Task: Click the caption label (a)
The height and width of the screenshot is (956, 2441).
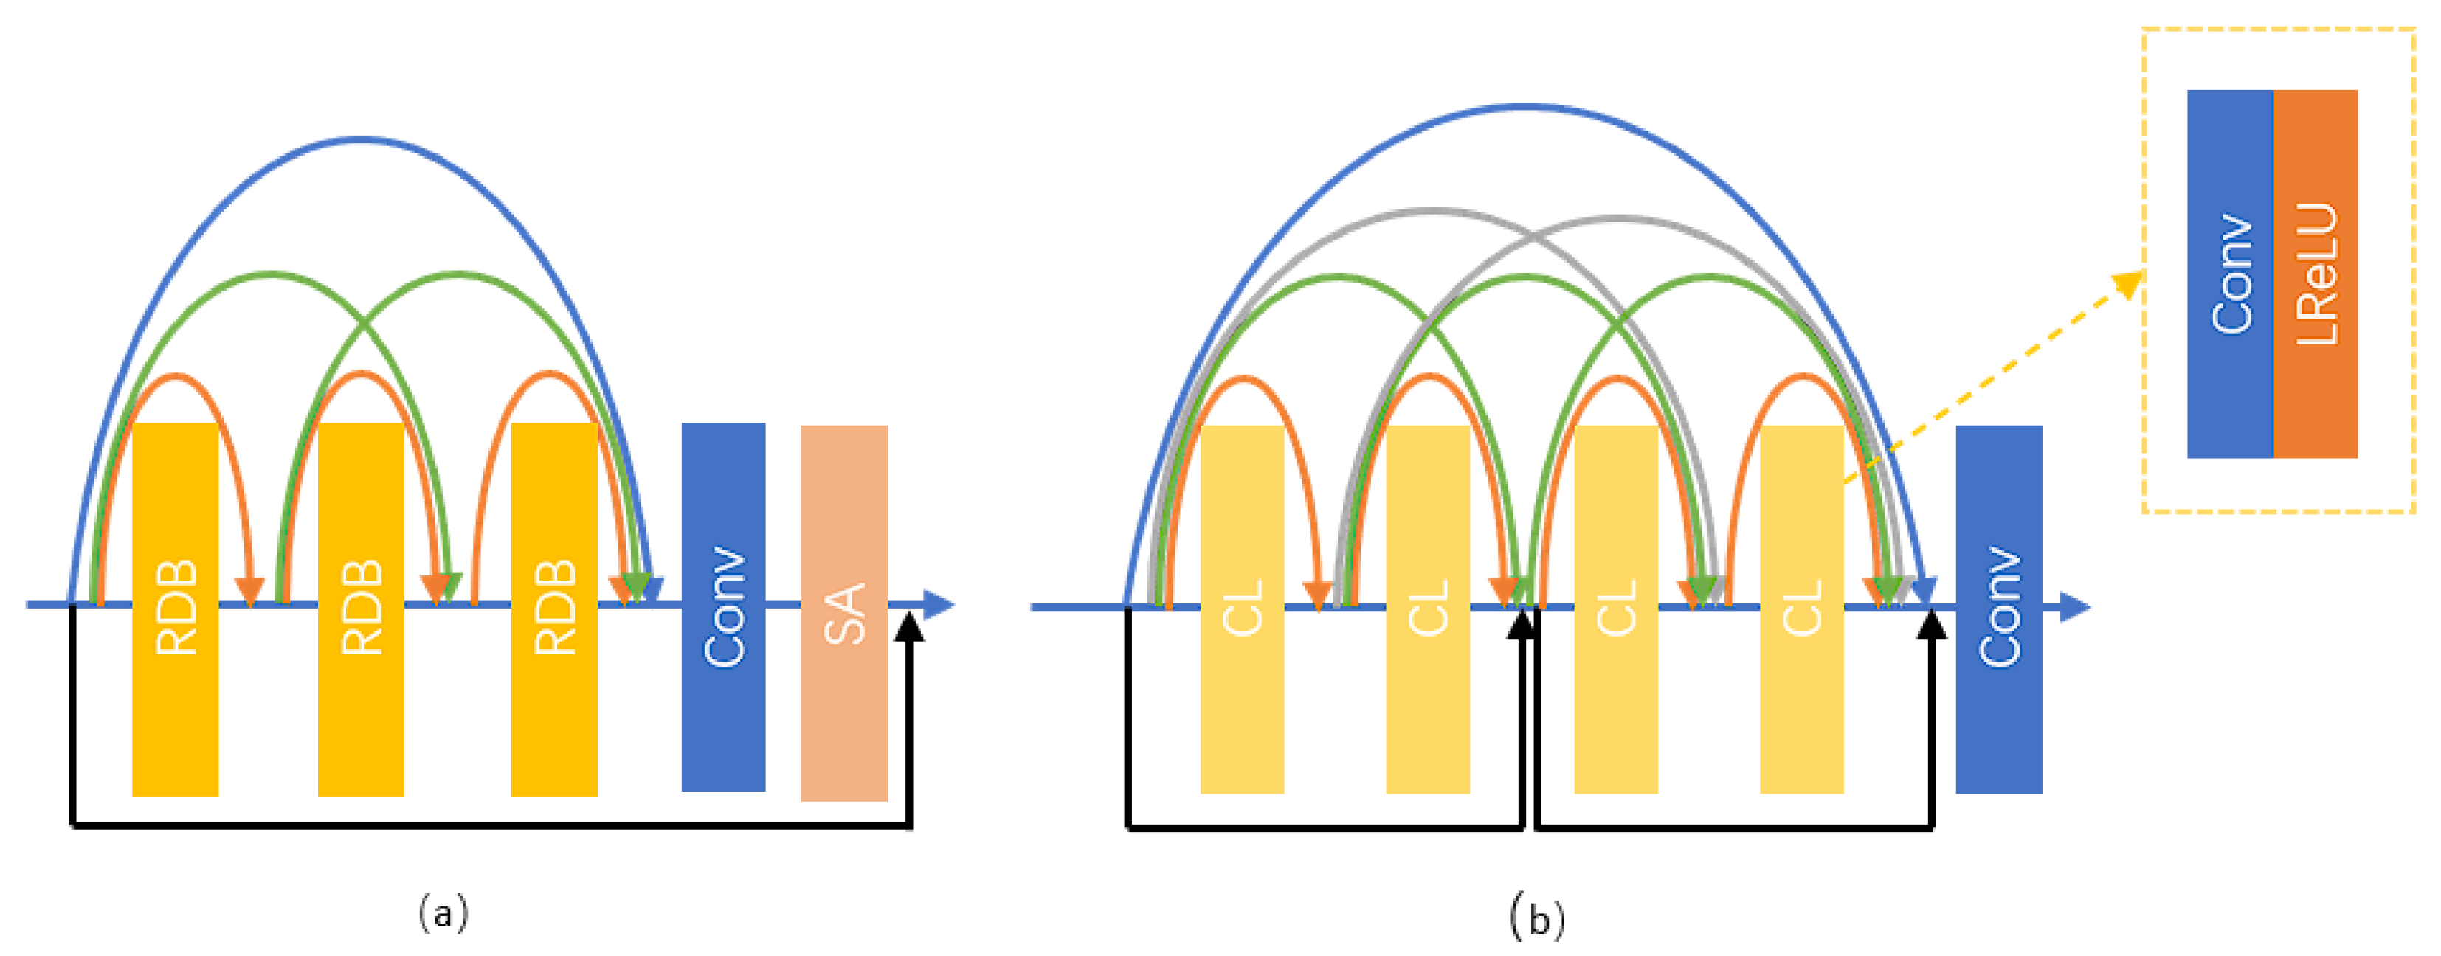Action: click(443, 913)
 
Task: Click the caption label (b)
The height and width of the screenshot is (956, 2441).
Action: click(1536, 917)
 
